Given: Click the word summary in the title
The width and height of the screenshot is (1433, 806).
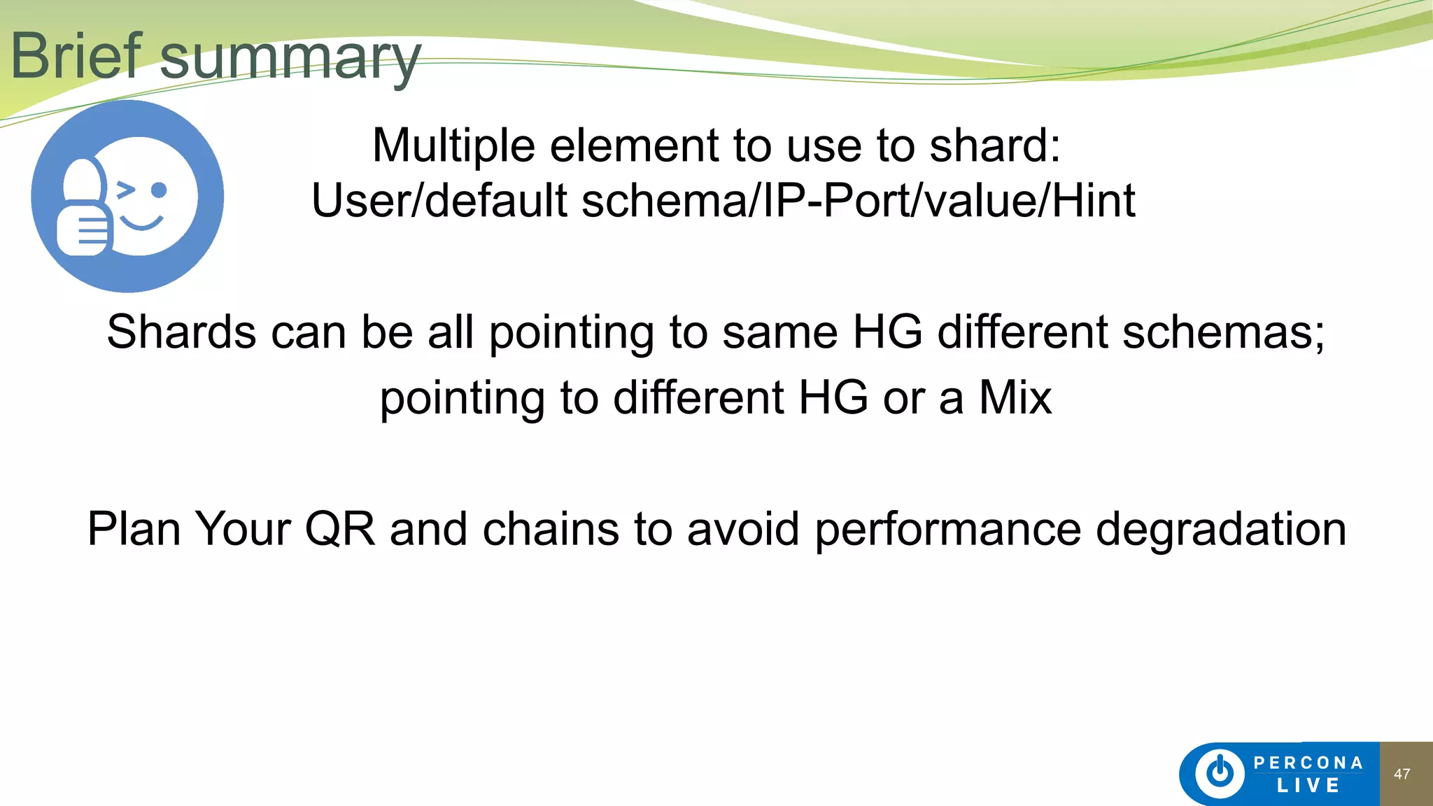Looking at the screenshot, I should [290, 59].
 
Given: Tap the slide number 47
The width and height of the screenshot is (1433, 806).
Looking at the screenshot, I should [1402, 774].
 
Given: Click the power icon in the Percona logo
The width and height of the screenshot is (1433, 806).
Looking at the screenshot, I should [1220, 773].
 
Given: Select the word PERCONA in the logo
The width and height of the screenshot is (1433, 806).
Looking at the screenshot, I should [1308, 763].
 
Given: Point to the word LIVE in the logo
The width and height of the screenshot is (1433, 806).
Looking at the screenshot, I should [1308, 786].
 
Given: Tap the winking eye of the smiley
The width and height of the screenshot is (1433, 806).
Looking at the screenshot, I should [125, 190].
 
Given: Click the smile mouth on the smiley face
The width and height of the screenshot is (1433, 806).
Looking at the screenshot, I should [141, 223].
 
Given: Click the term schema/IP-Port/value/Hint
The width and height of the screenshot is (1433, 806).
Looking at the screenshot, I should [858, 201].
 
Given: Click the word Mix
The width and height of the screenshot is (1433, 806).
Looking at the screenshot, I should [1015, 397].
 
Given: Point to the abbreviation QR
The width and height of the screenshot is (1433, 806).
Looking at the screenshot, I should [340, 529].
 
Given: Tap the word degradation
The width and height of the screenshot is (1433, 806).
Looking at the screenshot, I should [1220, 529].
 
